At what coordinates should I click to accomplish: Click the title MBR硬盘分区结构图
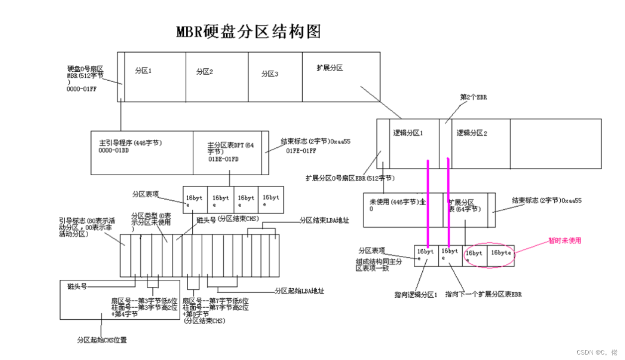(249, 31)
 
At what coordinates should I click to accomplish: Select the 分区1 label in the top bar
(143, 71)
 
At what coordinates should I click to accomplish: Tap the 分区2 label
(204, 72)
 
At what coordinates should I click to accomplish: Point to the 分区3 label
(269, 74)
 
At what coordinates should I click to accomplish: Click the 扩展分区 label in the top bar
(329, 68)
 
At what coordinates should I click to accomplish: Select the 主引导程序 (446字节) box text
(130, 143)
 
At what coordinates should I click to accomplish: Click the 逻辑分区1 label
(408, 133)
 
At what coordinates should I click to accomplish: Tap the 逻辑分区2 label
(472, 133)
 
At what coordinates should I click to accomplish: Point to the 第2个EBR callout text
(473, 98)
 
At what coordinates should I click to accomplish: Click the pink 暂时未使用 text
(565, 240)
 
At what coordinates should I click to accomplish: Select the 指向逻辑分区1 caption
(415, 294)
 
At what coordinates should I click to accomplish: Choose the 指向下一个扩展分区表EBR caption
(483, 294)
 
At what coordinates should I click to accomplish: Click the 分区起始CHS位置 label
(102, 340)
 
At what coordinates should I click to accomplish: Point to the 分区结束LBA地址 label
(324, 220)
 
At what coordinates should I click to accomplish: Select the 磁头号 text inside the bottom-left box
(77, 286)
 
